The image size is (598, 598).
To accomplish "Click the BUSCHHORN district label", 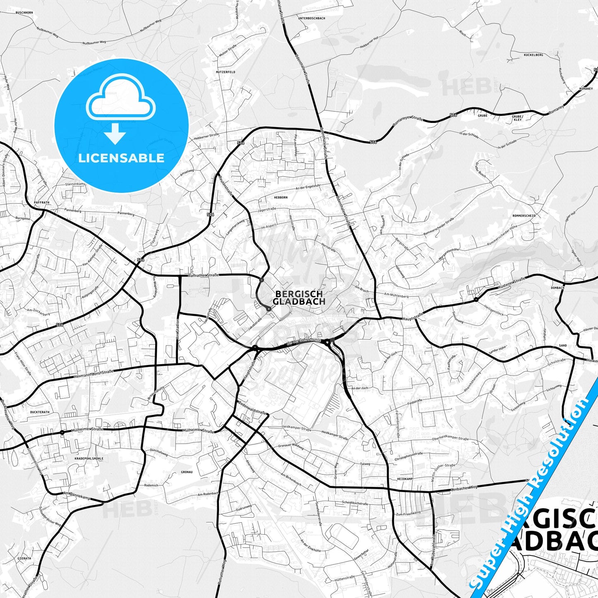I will [x=24, y=13].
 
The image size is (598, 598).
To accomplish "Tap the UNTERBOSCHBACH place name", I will [x=312, y=19].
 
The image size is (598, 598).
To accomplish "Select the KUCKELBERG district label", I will [x=533, y=55].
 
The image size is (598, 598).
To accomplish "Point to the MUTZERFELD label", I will [x=226, y=72].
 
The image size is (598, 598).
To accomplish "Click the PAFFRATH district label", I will [x=41, y=203].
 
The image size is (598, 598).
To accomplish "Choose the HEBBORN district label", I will [x=281, y=197].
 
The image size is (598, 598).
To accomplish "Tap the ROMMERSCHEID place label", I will [x=524, y=216].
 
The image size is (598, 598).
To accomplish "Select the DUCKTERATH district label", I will [x=40, y=412].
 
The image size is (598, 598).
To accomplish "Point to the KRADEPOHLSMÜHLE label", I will [x=89, y=459].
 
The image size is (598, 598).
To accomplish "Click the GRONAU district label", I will [x=187, y=472].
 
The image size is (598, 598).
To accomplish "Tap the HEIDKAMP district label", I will [x=405, y=478].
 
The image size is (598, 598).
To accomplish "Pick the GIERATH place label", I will [x=24, y=558].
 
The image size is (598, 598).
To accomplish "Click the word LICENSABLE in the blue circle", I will [x=121, y=158].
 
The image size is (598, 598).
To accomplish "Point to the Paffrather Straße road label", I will [x=203, y=275].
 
